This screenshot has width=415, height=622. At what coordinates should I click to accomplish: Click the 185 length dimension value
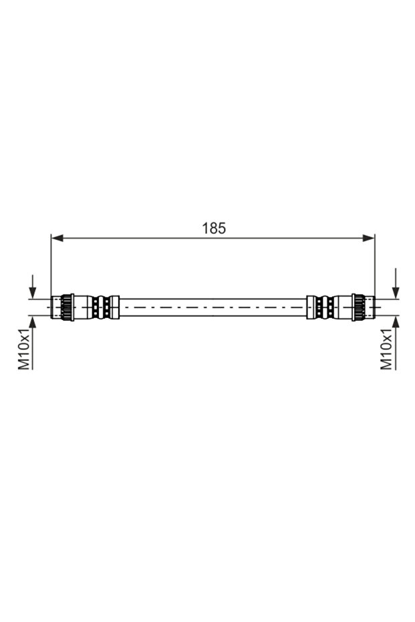pos(214,228)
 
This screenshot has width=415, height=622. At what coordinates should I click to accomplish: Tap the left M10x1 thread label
pos(24,349)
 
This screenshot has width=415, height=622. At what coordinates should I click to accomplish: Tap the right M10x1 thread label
pos(386,349)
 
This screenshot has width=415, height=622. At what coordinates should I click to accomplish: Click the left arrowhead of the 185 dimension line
pos(57,238)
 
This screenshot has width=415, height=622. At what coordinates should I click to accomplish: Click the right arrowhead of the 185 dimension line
pos(369,238)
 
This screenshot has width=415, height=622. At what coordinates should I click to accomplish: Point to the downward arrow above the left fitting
pos(33,287)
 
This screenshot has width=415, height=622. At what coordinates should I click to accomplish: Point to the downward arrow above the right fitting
pos(395,283)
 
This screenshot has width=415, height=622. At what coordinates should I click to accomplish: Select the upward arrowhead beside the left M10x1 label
pos(33,322)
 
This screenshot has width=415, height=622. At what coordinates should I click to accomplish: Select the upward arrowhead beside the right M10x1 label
pos(395,322)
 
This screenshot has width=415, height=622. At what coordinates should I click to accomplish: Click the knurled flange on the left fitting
pos(67,307)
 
